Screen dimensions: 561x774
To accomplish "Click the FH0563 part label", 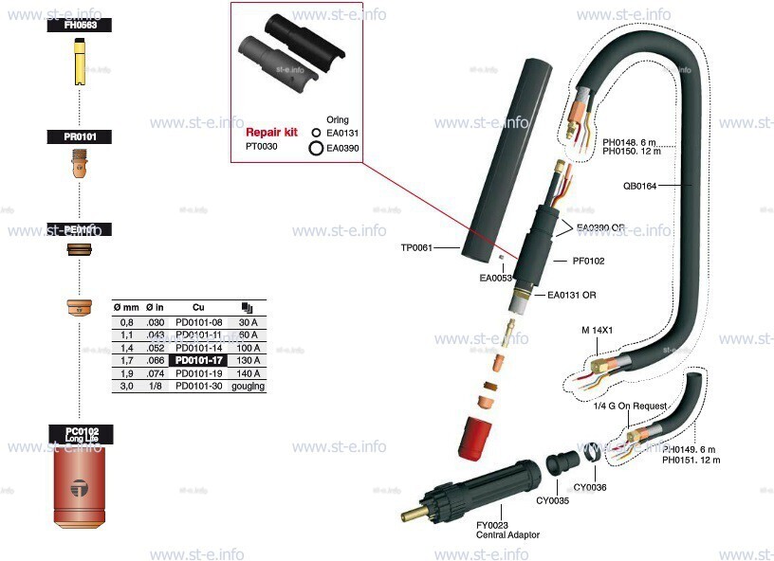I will [81, 26].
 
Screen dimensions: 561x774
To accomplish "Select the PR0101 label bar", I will [81, 137].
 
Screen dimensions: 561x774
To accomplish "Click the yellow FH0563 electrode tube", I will [80, 67].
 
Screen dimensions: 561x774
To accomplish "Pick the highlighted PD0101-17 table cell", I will [198, 360].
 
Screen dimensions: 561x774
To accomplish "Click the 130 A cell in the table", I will [249, 360].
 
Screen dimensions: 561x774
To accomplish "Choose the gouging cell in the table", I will [249, 387].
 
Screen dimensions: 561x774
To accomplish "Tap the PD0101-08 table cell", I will [198, 321].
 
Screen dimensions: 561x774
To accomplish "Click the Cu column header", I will [198, 308].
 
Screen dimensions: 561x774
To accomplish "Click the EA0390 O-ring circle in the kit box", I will [316, 148].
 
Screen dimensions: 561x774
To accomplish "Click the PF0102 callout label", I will [588, 261].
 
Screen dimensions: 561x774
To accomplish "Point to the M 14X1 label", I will [598, 330].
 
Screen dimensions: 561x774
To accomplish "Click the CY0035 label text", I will [553, 500].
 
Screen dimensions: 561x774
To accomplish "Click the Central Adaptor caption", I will [507, 535].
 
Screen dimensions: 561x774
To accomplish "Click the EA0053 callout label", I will [496, 278].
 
